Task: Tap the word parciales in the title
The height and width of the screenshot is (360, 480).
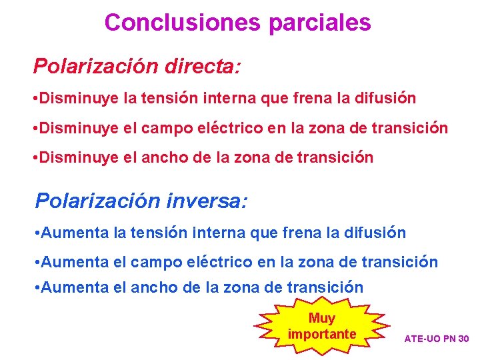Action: coord(319,23)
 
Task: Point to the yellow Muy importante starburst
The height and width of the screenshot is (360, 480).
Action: coord(322,326)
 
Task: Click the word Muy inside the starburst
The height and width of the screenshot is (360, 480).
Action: coord(322,318)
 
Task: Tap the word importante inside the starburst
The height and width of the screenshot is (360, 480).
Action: coord(322,333)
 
